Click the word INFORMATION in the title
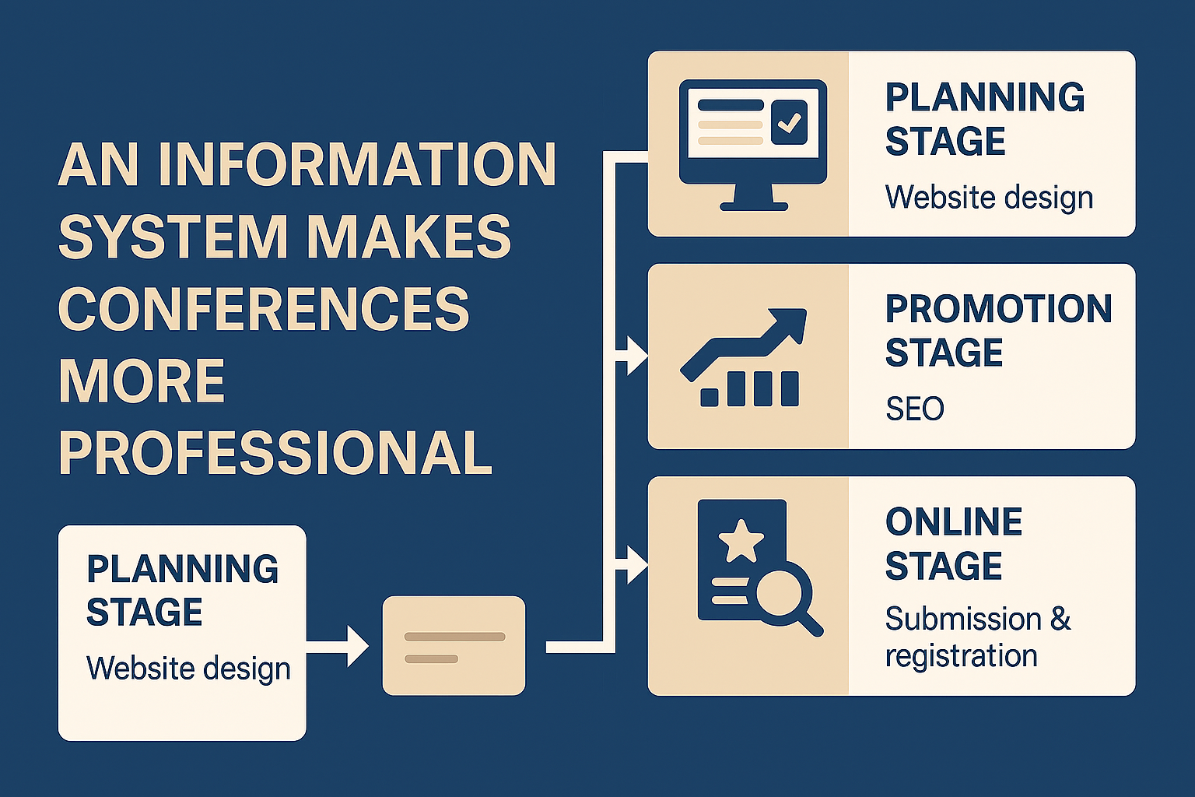click(357, 164)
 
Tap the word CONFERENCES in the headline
click(264, 308)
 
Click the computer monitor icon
click(752, 144)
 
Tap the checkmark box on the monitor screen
click(790, 123)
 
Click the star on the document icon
click(741, 541)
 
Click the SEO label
click(915, 409)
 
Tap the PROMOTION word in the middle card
click(999, 309)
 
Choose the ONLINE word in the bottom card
click(954, 522)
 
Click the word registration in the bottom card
click(962, 655)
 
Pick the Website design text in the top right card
click(989, 197)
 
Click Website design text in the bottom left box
click(188, 668)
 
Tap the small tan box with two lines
click(454, 645)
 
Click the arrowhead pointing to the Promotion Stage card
click(637, 356)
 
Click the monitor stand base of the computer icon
click(753, 205)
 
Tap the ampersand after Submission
click(1060, 619)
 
